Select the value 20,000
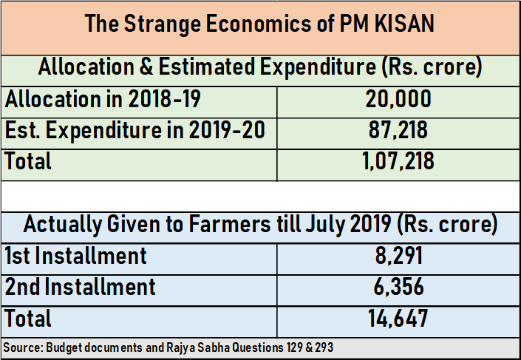[398, 100]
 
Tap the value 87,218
[398, 131]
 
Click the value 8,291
[398, 256]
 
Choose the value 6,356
[398, 287]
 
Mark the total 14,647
[398, 319]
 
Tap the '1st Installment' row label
[76, 256]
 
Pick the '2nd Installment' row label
[81, 287]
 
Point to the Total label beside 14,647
[29, 319]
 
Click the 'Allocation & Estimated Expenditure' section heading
[259, 67]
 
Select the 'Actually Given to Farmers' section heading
[259, 223]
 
